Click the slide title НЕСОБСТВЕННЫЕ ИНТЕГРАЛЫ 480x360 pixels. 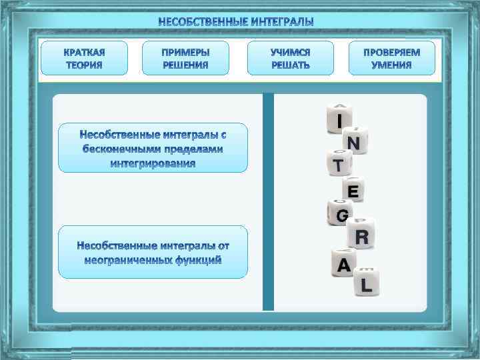click(235, 22)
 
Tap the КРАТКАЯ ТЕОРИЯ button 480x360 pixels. click(84, 58)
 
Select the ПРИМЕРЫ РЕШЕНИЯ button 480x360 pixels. click(185, 58)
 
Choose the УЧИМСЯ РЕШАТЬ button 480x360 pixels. click(290, 58)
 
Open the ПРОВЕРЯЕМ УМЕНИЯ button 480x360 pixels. click(391, 58)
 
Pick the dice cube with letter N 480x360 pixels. click(354, 142)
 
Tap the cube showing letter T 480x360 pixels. click(339, 164)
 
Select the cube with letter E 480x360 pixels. click(353, 191)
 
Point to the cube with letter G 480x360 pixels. click(341, 214)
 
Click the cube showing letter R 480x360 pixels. click(361, 236)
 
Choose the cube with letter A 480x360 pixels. click(344, 265)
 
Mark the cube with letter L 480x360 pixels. click(366, 284)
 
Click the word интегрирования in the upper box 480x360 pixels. click(153, 163)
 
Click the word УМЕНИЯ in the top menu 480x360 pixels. click(391, 65)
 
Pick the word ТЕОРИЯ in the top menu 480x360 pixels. click(84, 65)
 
